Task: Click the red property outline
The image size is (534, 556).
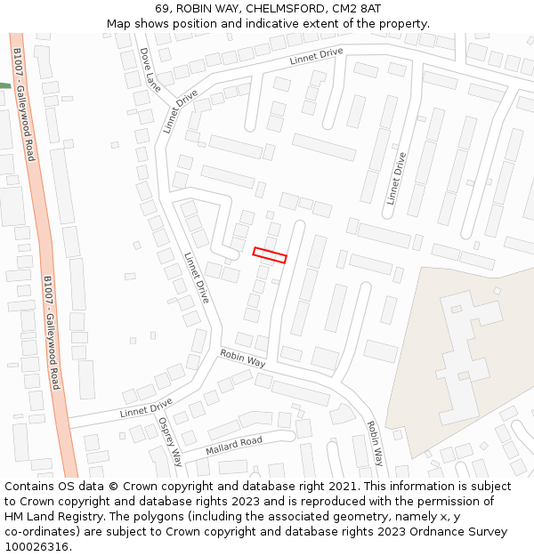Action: coord(270,255)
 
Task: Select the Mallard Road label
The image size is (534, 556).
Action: coord(234,445)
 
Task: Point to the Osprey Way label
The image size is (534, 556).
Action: coord(170,441)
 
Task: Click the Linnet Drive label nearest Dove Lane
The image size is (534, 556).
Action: coord(181,110)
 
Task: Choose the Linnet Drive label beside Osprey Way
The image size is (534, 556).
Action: coord(146,408)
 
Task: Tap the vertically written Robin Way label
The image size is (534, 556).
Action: coord(375,444)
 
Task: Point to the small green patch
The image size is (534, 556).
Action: coord(4,85)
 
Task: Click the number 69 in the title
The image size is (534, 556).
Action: coord(162,8)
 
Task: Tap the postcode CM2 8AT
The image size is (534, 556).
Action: coord(360,8)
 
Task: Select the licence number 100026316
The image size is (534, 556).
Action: coord(36,547)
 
